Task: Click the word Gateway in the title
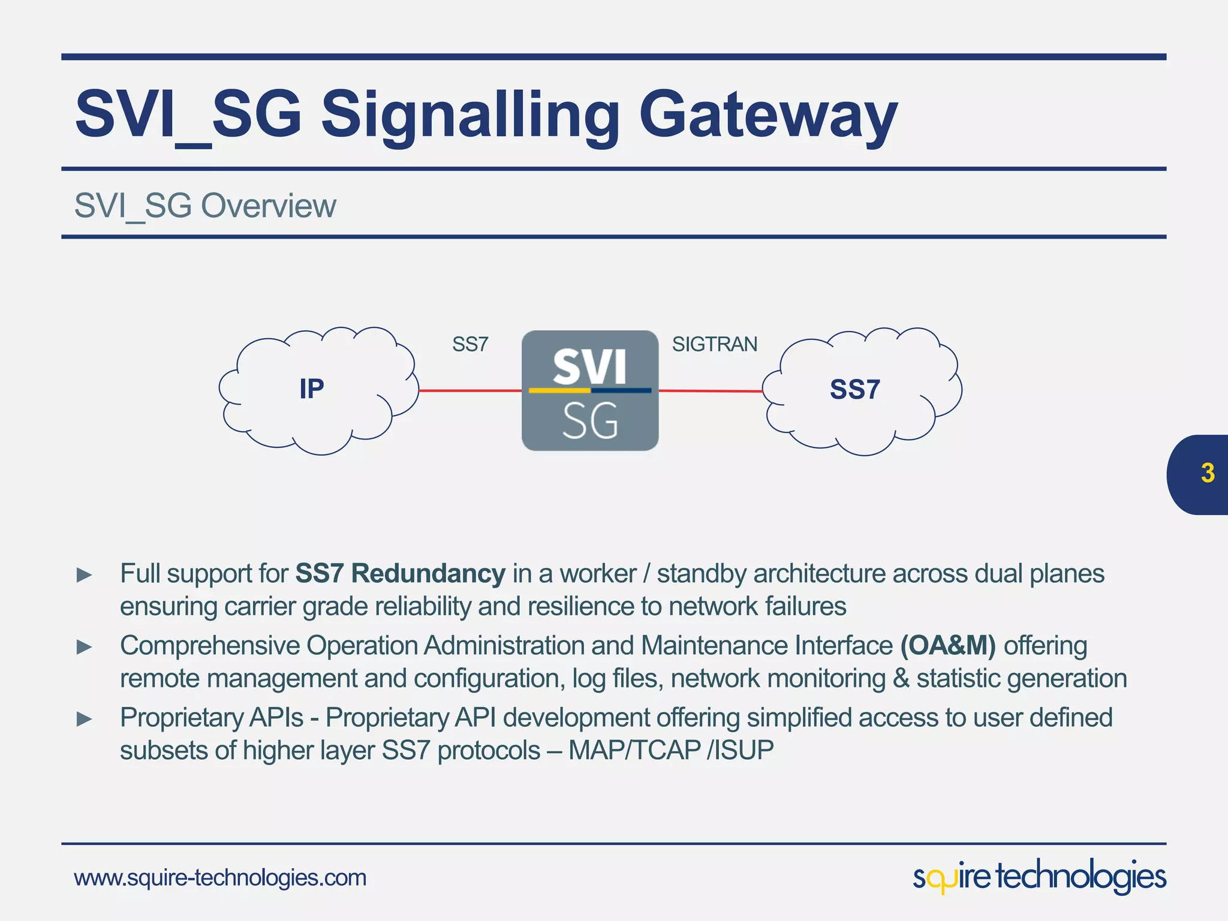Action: (768, 115)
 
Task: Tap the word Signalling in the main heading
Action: (471, 115)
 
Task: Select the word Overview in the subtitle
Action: (268, 206)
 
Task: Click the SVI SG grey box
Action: (590, 390)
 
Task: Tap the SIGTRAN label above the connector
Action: (715, 344)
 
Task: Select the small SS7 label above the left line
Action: (470, 345)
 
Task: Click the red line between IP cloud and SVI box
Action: (470, 390)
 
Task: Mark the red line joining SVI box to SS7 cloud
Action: (711, 391)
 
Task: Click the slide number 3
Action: (1208, 474)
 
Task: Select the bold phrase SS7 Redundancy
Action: (400, 574)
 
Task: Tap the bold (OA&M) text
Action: (948, 646)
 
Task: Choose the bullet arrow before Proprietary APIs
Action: (85, 719)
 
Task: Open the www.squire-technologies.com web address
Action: (220, 878)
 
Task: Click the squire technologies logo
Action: (1039, 877)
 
